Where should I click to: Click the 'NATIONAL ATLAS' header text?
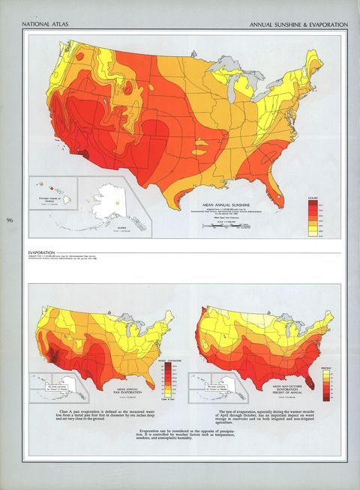point(43,25)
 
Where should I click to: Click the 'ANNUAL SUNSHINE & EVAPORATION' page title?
point(299,25)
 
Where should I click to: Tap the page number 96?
point(10,220)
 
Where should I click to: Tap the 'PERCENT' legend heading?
point(324,369)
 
